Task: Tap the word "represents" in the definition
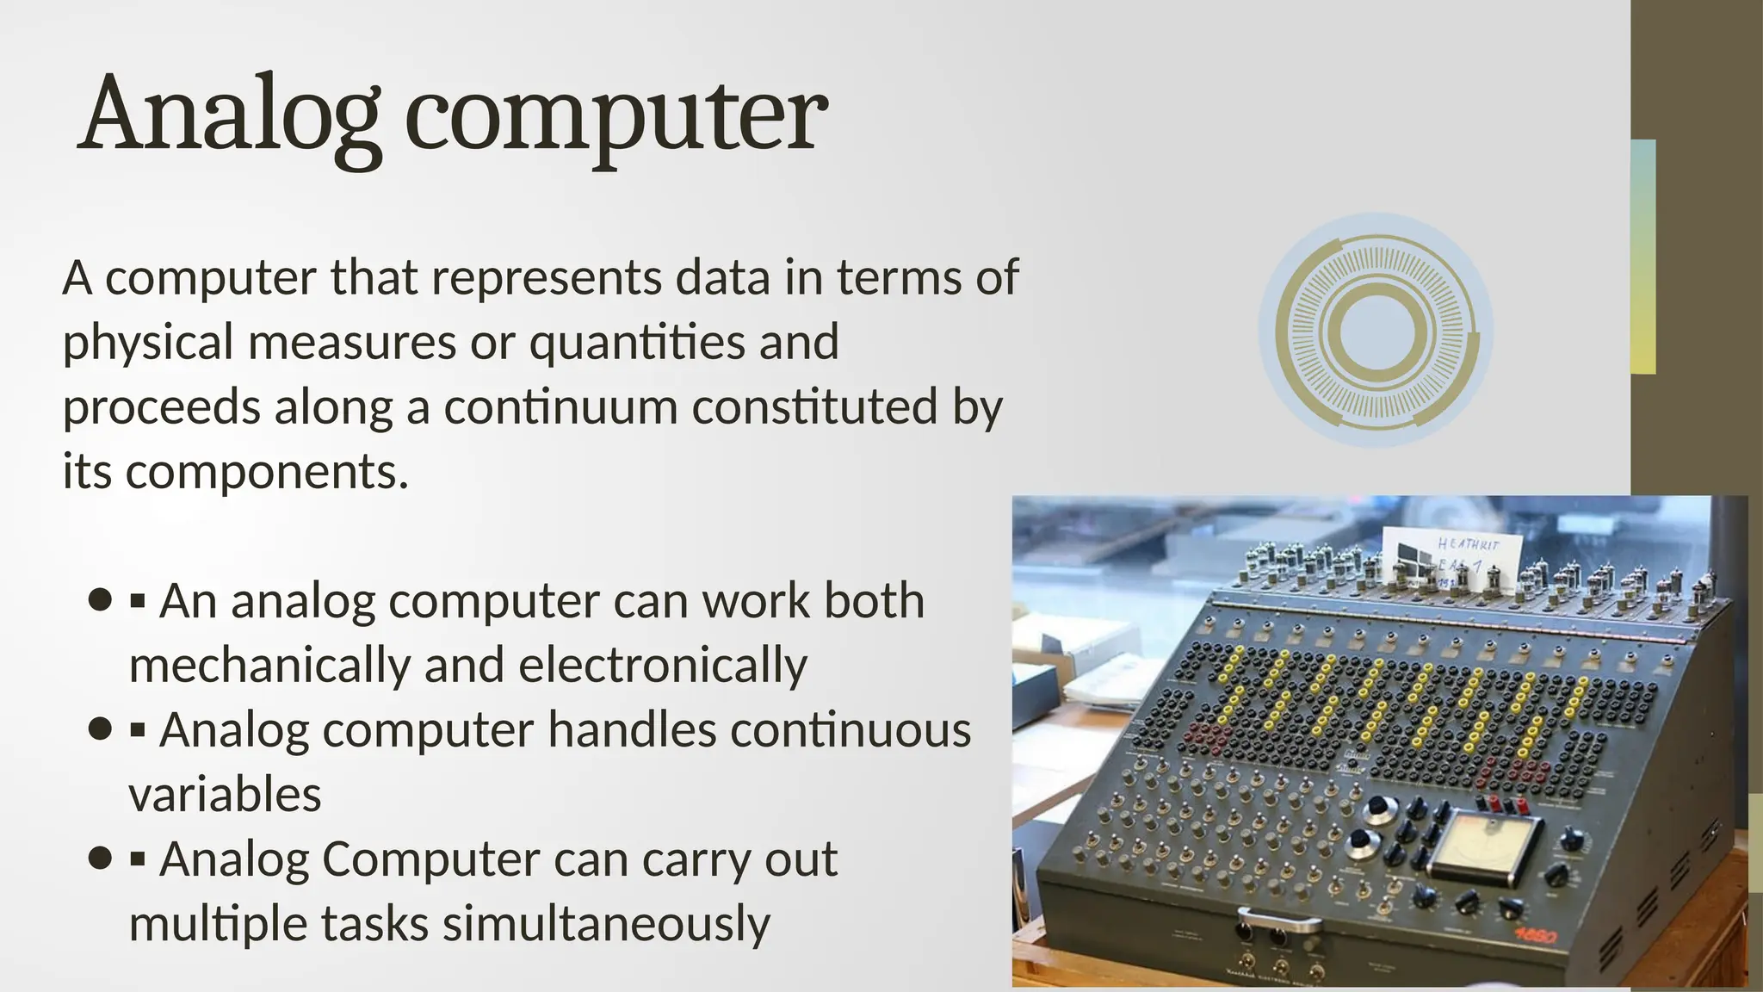pos(546,277)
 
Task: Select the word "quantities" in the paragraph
pos(637,342)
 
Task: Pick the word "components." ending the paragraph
pos(267,472)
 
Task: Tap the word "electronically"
pos(663,665)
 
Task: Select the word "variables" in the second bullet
pos(225,794)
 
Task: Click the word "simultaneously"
pos(606,923)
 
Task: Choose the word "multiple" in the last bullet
pos(218,923)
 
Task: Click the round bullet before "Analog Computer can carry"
pos(101,858)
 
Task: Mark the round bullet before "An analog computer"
pos(101,599)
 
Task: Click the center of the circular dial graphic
pos(1376,331)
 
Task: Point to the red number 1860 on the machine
pos(1536,935)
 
